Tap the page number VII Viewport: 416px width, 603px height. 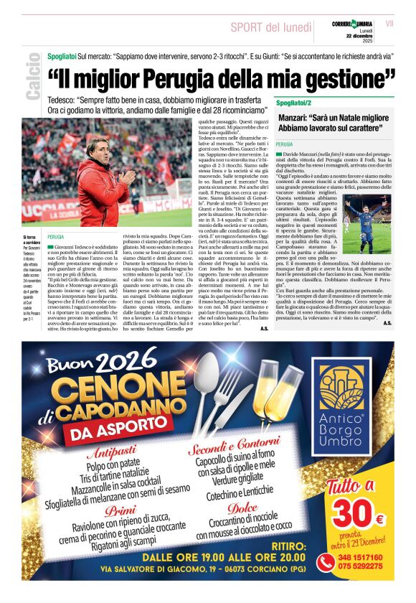[x=389, y=24]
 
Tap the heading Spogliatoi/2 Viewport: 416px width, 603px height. [x=291, y=103]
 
